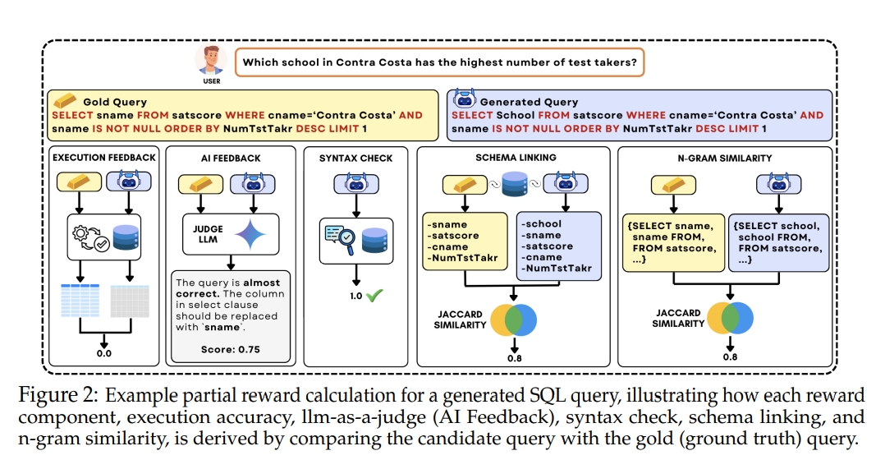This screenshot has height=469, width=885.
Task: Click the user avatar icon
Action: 210,60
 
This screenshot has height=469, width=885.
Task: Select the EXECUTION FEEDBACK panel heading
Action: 103,157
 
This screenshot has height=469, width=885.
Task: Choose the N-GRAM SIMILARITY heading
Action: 724,157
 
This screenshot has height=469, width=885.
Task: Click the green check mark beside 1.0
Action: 375,295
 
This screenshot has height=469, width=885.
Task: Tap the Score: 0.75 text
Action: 230,349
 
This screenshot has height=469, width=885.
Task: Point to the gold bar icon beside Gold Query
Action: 64,102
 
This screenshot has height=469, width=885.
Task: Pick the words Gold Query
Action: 115,103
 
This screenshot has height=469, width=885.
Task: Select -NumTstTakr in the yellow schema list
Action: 462,257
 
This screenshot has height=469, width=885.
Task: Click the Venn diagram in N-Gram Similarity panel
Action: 729,317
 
